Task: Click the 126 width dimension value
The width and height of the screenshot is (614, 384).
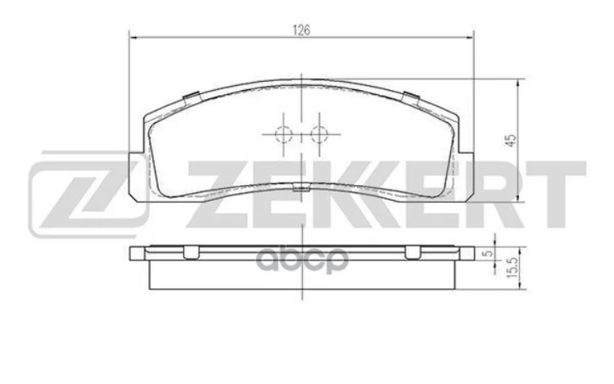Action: point(302,30)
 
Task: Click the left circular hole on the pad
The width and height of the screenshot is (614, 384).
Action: point(283,134)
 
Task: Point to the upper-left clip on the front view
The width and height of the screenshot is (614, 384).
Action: point(190,98)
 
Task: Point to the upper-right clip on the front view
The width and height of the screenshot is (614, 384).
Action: point(413,98)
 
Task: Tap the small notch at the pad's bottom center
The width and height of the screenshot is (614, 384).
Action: point(301,191)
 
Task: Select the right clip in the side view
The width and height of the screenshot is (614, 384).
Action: point(413,252)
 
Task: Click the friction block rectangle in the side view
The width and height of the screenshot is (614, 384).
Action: point(301,274)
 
